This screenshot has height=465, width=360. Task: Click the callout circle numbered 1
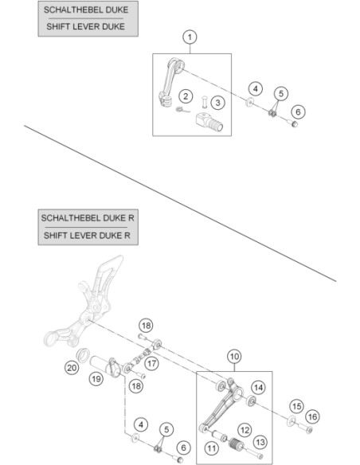(190, 37)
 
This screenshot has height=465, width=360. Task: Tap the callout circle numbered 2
(186, 96)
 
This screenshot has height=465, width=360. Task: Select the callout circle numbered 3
(218, 103)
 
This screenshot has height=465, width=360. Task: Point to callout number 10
(234, 357)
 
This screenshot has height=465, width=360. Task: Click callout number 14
(258, 388)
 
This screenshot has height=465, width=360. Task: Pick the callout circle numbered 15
(296, 406)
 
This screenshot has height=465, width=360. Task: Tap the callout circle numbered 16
(312, 417)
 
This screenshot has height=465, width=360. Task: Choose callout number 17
(152, 363)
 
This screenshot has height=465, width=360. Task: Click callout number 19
(96, 379)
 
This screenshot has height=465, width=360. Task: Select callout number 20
(72, 368)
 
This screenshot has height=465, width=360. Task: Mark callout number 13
(260, 442)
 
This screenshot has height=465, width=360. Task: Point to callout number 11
(212, 447)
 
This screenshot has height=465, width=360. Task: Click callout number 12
(245, 430)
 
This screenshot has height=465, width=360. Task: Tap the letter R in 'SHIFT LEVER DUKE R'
(127, 236)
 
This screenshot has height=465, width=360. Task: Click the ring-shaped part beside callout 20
(83, 355)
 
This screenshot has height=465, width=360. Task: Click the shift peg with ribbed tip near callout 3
(209, 122)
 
